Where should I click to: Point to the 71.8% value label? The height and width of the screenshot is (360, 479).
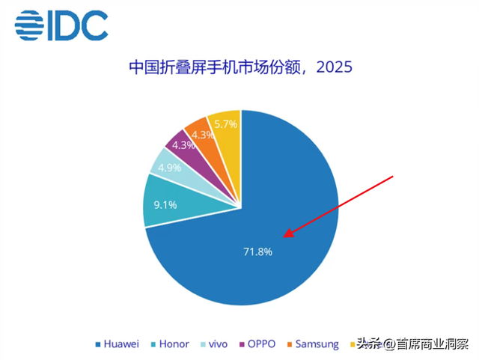[257, 252]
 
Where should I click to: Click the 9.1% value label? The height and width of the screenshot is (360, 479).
[166, 202]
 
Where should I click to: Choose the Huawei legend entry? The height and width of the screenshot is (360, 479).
[119, 344]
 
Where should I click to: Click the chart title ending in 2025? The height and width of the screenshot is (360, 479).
[239, 68]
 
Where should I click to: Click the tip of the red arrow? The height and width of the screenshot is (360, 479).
[284, 239]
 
